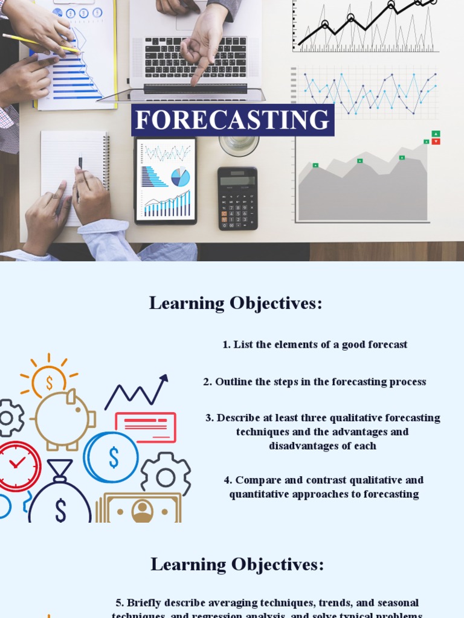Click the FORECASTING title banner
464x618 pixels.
pos(233,120)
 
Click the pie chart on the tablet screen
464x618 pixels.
pos(180,177)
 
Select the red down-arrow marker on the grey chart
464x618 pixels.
pos(436,142)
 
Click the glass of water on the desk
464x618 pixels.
pos(239,145)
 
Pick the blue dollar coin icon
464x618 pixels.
pos(111,457)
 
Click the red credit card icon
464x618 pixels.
pos(146,427)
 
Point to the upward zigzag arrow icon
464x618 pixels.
pos(137,392)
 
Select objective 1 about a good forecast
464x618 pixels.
pos(315,345)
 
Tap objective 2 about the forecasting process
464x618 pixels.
pos(314,382)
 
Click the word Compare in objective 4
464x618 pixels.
pos(254,480)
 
